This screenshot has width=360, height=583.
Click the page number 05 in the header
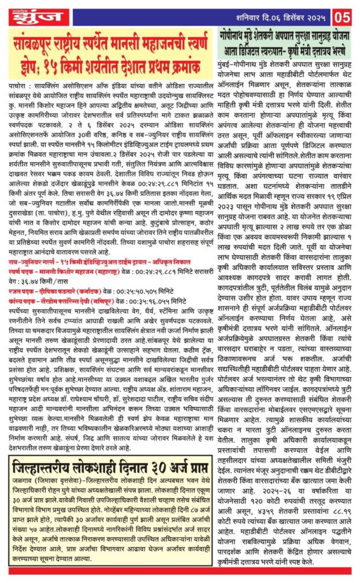345,13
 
